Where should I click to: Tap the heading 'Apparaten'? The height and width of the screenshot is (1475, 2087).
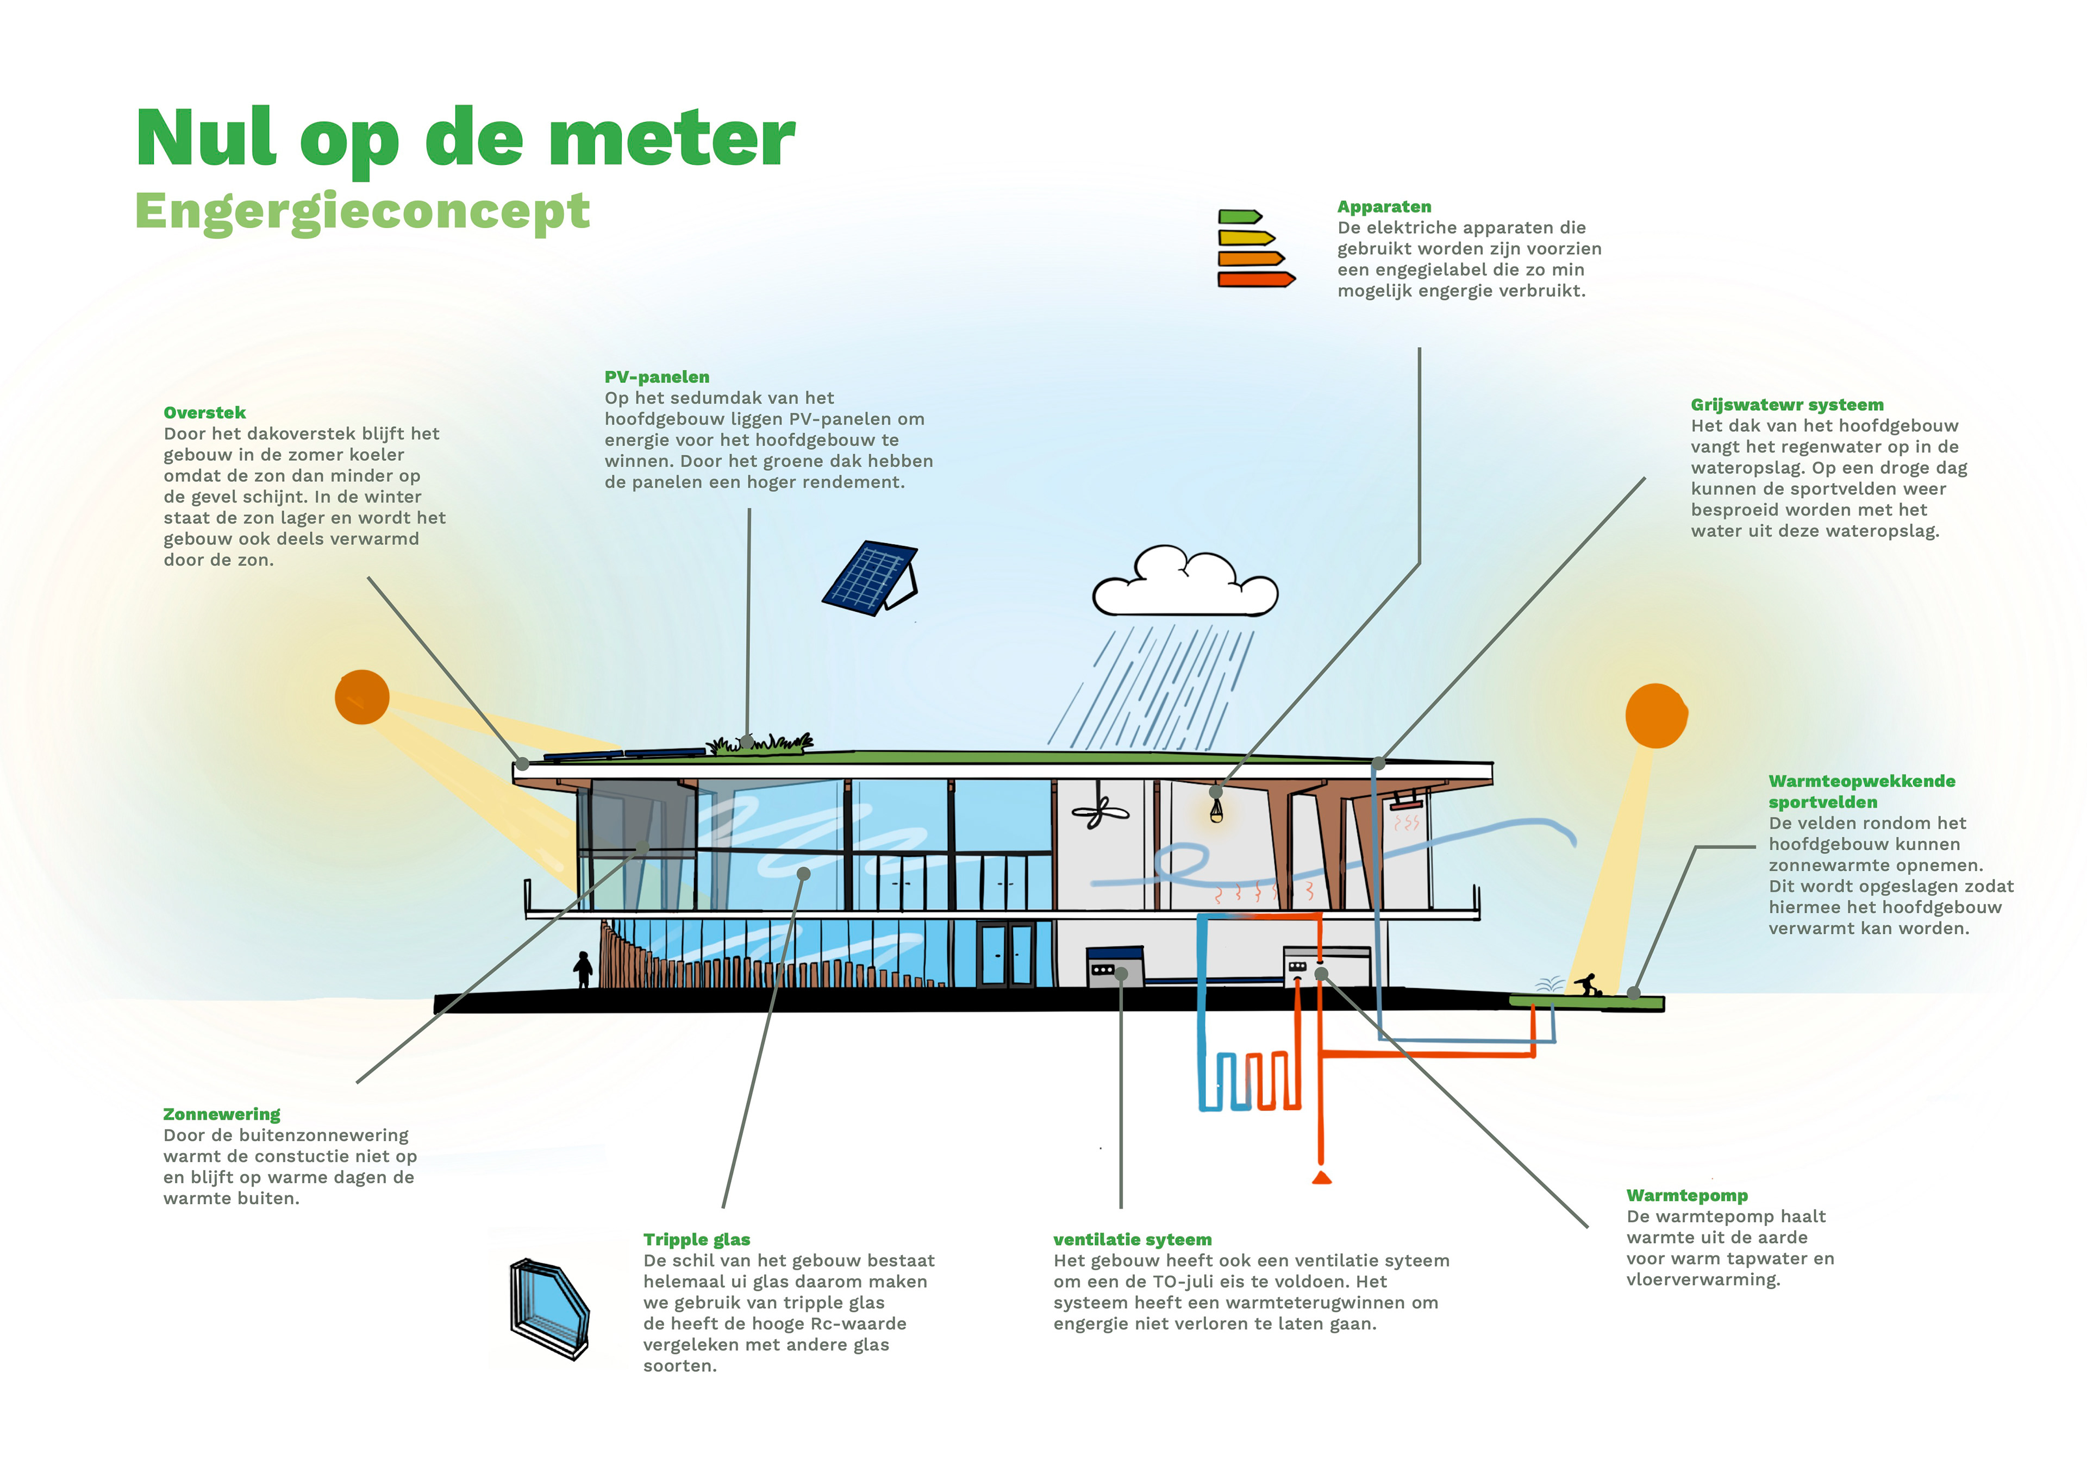tap(1384, 207)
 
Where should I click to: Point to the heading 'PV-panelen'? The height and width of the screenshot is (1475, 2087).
tap(657, 377)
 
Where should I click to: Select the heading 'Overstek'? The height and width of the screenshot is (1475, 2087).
tap(204, 412)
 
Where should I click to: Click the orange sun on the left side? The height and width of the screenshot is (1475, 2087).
tap(362, 697)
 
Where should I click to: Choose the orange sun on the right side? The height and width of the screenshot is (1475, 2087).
tap(1655, 715)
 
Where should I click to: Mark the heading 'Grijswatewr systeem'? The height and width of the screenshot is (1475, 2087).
tap(1786, 404)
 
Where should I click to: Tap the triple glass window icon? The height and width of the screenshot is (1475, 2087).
tap(549, 1309)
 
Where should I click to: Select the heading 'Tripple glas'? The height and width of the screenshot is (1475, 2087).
tap(696, 1240)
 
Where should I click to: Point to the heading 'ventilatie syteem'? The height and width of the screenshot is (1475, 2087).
tap(1132, 1240)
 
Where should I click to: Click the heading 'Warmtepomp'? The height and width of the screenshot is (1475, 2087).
tap(1686, 1195)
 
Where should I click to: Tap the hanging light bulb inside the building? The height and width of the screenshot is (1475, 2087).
tap(1216, 809)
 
